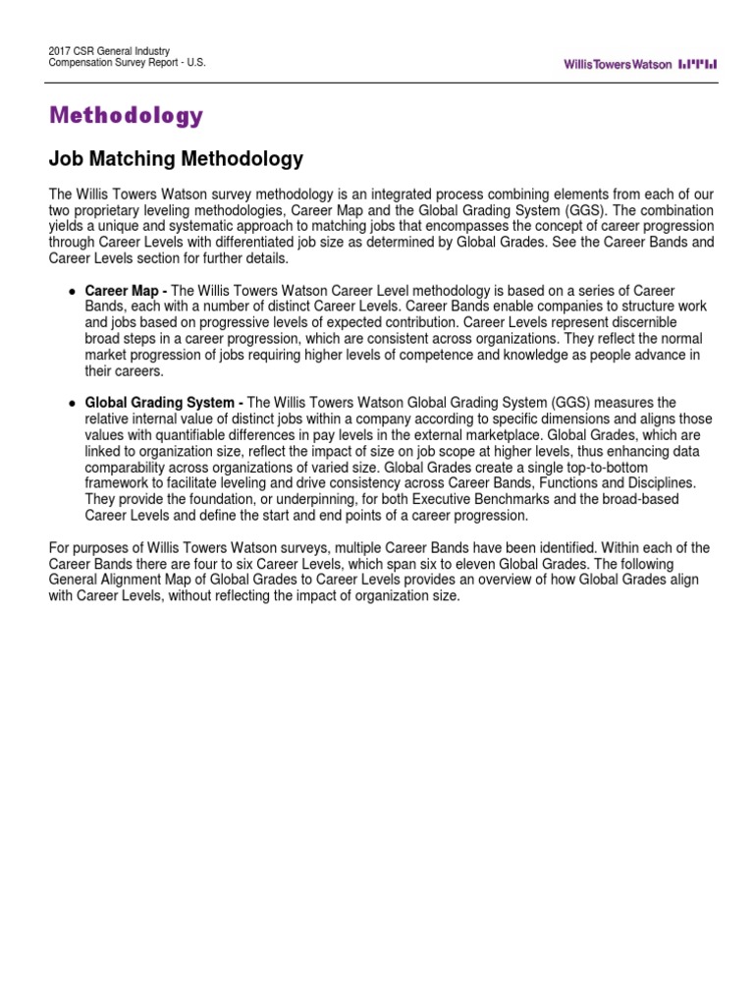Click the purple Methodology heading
pos(127,116)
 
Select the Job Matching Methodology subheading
pos(176,159)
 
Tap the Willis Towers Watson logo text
pos(618,64)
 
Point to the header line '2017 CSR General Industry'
pos(109,50)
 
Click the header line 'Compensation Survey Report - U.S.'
pos(128,62)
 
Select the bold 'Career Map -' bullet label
pos(126,292)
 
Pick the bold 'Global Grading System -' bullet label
pos(164,402)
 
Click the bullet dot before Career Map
pos(72,293)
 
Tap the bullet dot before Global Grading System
pos(72,403)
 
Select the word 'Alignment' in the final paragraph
pos(134,580)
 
